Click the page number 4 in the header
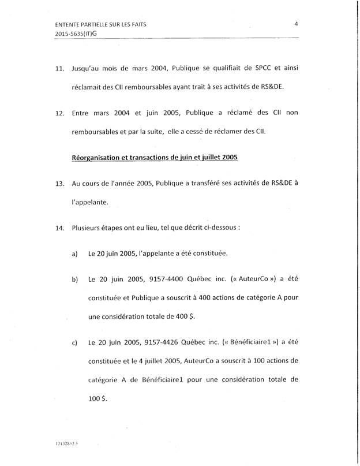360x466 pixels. (295, 24)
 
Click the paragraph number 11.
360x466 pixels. (59, 69)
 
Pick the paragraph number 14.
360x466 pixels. (59, 228)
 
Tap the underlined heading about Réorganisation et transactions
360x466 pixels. (154, 157)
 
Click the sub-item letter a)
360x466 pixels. (74, 253)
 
